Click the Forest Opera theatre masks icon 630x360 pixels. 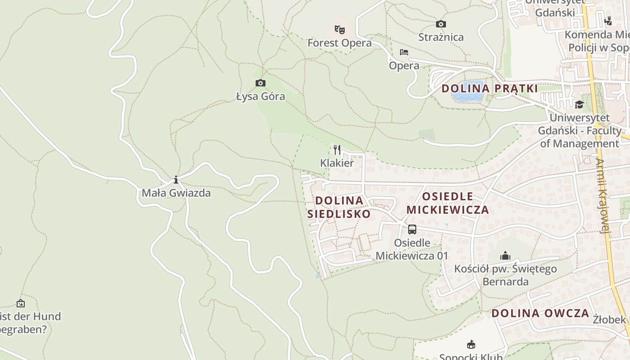(x=340, y=30)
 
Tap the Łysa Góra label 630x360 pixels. (x=261, y=96)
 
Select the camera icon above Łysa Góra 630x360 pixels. (x=260, y=83)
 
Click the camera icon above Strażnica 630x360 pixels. (x=441, y=24)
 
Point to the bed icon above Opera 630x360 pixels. (x=404, y=52)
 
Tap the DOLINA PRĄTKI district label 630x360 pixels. (x=490, y=88)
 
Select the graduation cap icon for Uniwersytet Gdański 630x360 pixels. (x=579, y=105)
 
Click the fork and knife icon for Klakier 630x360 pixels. (x=337, y=150)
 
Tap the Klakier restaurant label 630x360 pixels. (x=337, y=162)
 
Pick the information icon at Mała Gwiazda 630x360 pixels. (x=176, y=180)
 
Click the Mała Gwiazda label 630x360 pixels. (x=176, y=193)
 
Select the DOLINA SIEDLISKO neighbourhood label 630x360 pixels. (x=339, y=207)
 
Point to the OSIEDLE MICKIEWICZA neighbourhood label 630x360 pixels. (x=447, y=203)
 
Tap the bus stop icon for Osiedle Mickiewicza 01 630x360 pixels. (x=412, y=229)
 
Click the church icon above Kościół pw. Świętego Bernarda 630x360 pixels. (x=505, y=256)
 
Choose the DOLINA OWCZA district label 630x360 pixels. (x=540, y=313)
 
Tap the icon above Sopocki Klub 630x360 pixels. (x=471, y=345)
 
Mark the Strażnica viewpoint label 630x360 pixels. (x=441, y=37)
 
